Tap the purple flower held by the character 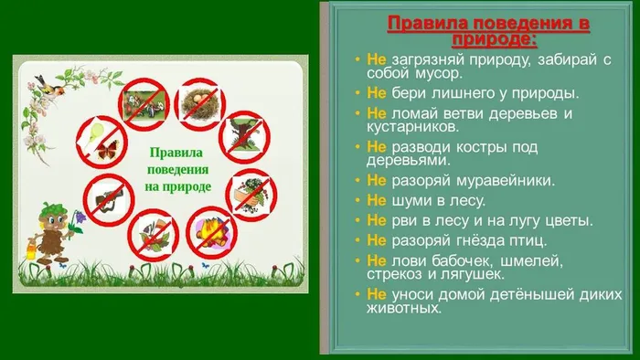pos(79,217)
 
